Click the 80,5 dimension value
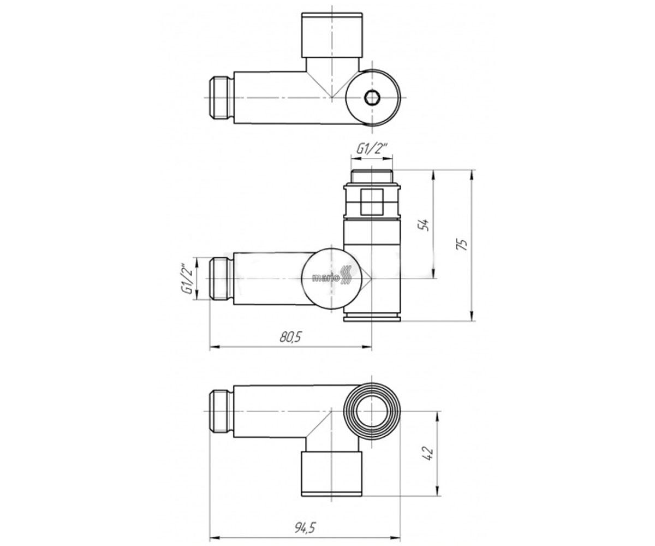(x=290, y=337)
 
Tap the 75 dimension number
(x=463, y=245)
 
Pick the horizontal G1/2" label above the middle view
(x=372, y=149)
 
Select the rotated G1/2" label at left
(x=188, y=278)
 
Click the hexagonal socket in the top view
(x=372, y=98)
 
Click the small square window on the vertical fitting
(x=372, y=202)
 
